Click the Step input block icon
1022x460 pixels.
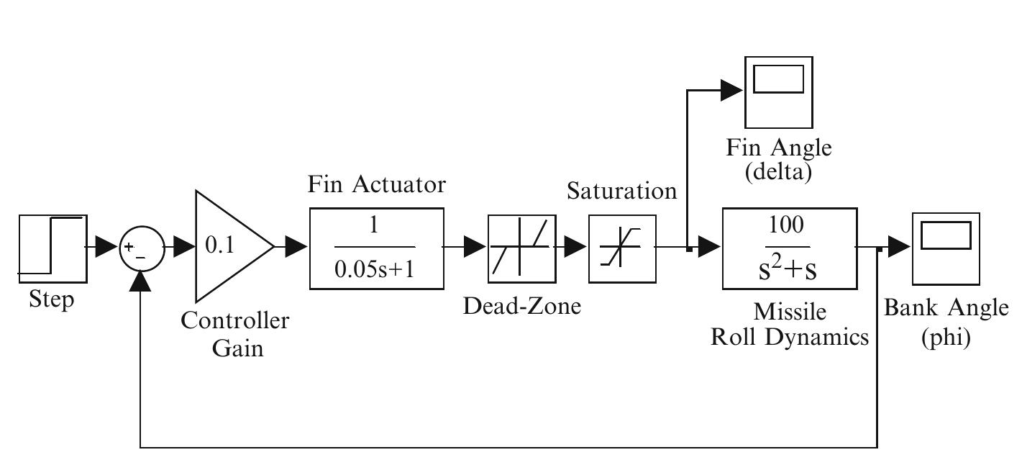pos(53,248)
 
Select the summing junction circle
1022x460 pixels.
pos(141,248)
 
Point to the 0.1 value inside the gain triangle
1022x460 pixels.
pos(219,246)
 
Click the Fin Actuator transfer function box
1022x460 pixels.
pos(376,248)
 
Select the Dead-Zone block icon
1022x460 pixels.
pos(521,248)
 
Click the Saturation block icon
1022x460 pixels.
pos(621,248)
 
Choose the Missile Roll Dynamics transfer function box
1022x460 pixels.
pos(789,248)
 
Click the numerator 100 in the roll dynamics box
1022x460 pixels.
pos(789,226)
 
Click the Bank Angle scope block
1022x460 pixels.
pos(946,248)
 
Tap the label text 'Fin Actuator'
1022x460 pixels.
pos(377,185)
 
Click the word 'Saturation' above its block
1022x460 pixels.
pos(621,191)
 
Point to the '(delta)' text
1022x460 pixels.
pos(778,173)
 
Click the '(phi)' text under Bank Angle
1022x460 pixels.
pos(946,338)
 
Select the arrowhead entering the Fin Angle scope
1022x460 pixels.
pos(732,90)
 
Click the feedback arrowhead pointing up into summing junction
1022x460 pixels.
pos(141,281)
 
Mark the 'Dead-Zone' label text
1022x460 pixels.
pos(521,306)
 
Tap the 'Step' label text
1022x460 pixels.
pos(51,299)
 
